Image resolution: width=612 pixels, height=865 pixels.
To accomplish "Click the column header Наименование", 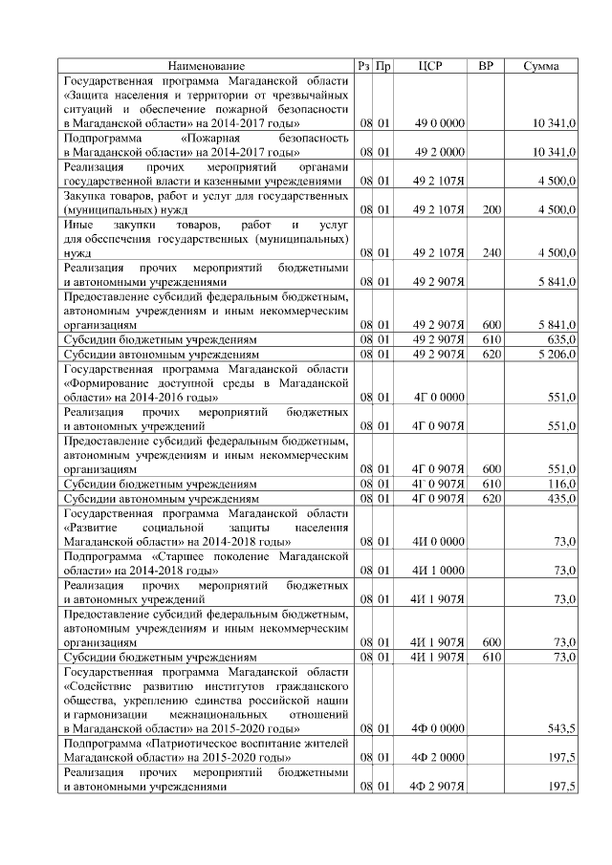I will pos(207,66).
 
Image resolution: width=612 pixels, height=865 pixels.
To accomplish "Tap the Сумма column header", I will pos(542,66).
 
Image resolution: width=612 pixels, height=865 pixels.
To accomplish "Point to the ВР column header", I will pos(486,66).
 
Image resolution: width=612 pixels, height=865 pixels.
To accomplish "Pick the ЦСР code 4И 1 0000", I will pos(439,570).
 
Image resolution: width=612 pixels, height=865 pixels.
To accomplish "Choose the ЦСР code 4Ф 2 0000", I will pos(439,758).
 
